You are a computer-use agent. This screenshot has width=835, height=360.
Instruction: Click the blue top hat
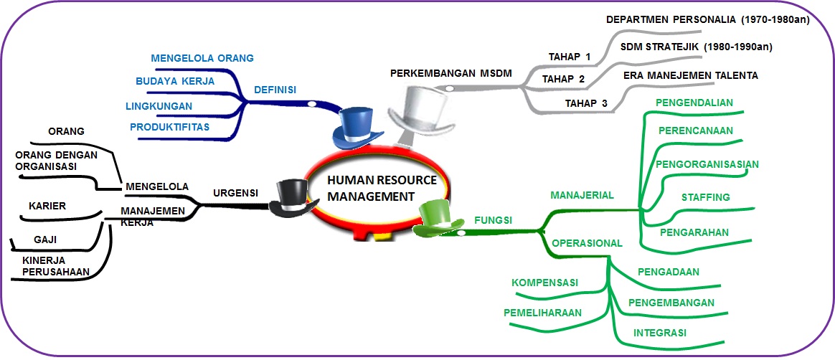[x=357, y=127]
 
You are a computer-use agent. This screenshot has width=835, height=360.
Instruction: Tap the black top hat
[x=292, y=196]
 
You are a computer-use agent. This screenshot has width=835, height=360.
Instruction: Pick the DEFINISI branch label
[x=275, y=90]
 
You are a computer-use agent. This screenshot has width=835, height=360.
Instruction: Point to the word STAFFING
[x=705, y=197]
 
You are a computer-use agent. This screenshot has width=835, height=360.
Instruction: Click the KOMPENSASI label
[x=545, y=283]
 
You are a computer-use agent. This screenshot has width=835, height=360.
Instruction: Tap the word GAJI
[x=45, y=240]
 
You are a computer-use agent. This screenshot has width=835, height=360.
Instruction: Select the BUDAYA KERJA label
[x=175, y=81]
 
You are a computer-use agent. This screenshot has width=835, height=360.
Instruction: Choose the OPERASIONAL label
[x=587, y=243]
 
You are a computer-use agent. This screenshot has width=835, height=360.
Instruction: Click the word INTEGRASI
[x=660, y=333]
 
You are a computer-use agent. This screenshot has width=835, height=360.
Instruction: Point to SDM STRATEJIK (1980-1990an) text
[x=696, y=47]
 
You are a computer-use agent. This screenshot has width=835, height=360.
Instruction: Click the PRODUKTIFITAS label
[x=170, y=127]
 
